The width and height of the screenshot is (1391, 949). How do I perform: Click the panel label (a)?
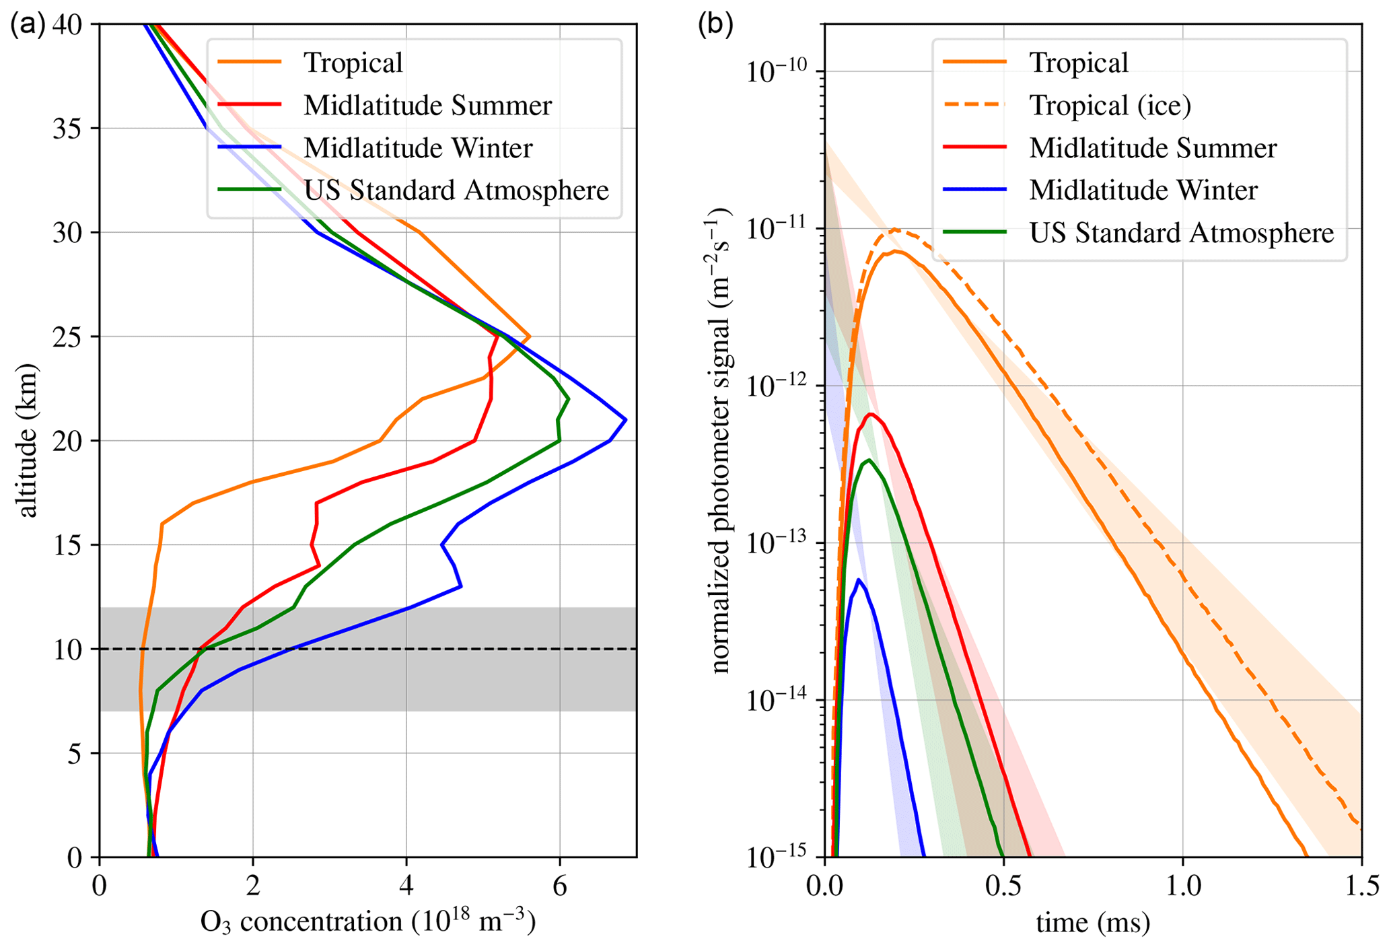pyautogui.click(x=28, y=25)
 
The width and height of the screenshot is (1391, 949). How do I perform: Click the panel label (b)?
pyautogui.click(x=715, y=25)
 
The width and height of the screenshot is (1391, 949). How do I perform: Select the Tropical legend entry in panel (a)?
pyautogui.click(x=353, y=63)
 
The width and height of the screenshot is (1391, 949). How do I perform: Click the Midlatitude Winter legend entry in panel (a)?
pyautogui.click(x=417, y=148)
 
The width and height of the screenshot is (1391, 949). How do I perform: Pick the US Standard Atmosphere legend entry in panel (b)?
pyautogui.click(x=1181, y=233)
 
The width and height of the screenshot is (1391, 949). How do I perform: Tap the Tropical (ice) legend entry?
pyautogui.click(x=1110, y=106)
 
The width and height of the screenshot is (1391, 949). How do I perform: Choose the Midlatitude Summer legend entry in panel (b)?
pyautogui.click(x=1152, y=148)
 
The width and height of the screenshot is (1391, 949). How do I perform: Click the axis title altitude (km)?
pyautogui.click(x=28, y=441)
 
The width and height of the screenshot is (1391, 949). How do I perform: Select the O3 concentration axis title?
pyautogui.click(x=367, y=922)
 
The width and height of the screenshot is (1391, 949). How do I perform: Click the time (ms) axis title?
pyautogui.click(x=1093, y=922)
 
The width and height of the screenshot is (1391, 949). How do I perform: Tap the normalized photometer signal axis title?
pyautogui.click(x=721, y=441)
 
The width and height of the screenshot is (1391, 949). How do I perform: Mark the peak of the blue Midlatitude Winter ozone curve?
pyautogui.click(x=626, y=420)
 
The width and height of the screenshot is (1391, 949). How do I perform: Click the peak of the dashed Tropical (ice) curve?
pyautogui.click(x=895, y=230)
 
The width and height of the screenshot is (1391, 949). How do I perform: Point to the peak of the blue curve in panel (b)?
pyautogui.click(x=858, y=579)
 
